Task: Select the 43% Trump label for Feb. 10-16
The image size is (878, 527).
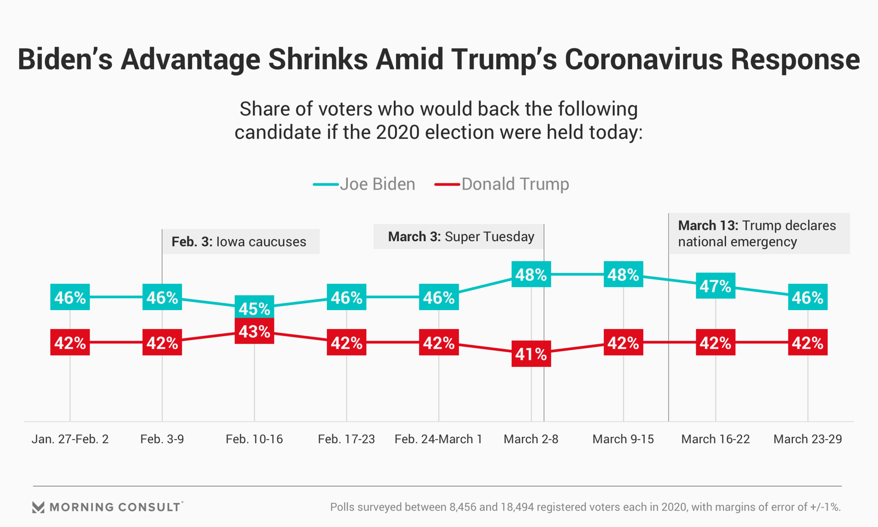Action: click(x=254, y=331)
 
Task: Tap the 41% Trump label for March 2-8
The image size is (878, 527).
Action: click(x=531, y=354)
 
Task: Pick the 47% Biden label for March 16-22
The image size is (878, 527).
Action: click(x=716, y=286)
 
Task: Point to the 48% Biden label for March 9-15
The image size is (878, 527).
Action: click(x=623, y=274)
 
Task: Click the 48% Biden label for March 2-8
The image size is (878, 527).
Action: click(x=531, y=274)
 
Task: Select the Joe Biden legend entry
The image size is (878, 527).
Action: click(x=364, y=184)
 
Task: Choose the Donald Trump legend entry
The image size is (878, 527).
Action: click(x=502, y=184)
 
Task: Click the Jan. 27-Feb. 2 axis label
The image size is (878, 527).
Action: click(x=70, y=439)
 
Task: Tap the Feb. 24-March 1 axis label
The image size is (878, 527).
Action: click(x=438, y=439)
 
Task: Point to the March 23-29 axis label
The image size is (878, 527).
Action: click(x=808, y=439)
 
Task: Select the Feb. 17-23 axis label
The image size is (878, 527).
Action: click(x=346, y=439)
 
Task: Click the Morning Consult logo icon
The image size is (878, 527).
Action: click(x=38, y=507)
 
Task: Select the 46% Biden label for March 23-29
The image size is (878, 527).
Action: click(x=808, y=297)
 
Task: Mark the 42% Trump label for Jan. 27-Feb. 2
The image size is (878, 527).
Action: click(x=70, y=342)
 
